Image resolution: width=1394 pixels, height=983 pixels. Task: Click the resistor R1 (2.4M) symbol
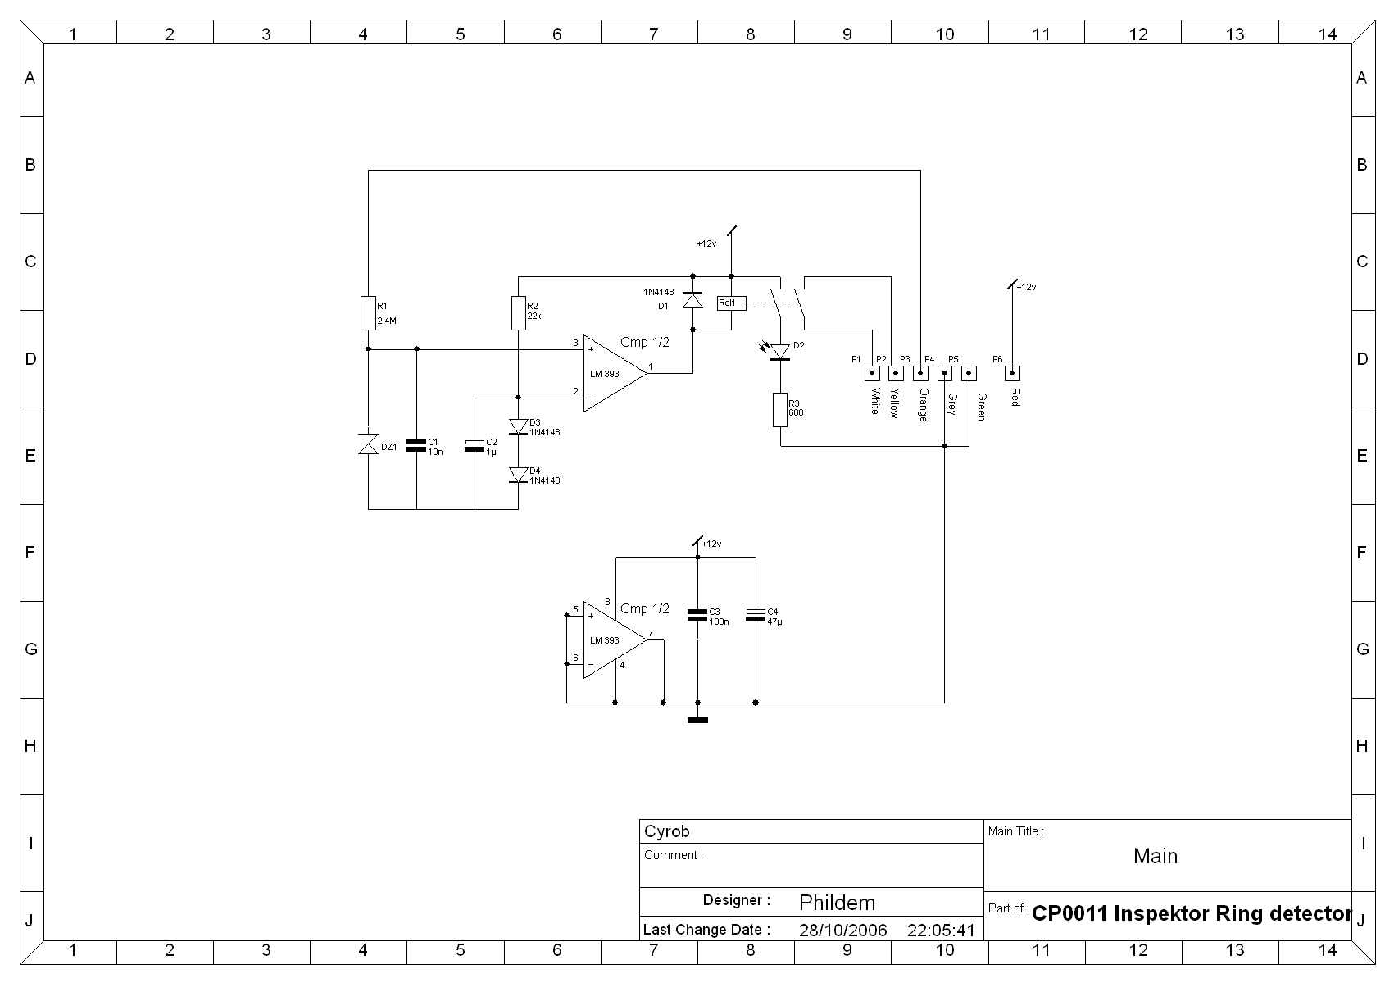369,312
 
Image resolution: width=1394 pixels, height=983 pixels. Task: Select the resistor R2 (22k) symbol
519,312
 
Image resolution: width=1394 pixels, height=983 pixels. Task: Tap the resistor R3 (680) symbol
779,410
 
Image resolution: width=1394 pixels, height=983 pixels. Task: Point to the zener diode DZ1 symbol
369,444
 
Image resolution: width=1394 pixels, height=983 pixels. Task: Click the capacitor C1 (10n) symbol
416,445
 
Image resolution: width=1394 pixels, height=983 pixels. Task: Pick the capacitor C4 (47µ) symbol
756,615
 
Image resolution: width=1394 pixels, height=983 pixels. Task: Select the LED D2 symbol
779,352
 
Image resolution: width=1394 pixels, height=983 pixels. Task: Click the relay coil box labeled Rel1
731,303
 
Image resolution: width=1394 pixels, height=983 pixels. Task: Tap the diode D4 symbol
519,475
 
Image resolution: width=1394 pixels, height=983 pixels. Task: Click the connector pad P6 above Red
1012,374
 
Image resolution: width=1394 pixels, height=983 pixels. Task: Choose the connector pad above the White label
872,374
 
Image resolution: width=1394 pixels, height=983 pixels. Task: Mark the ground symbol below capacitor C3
697,721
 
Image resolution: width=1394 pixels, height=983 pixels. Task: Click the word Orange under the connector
924,405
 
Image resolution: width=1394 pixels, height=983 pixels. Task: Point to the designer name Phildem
837,902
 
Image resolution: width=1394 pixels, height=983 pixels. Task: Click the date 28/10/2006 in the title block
842,930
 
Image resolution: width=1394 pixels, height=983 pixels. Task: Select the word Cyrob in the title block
666,831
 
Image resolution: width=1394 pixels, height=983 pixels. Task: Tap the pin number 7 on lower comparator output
651,633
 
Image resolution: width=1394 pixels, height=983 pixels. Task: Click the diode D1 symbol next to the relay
692,301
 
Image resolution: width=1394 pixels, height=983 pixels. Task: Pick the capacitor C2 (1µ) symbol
475,446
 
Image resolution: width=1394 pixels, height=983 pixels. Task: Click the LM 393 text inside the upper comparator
604,374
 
